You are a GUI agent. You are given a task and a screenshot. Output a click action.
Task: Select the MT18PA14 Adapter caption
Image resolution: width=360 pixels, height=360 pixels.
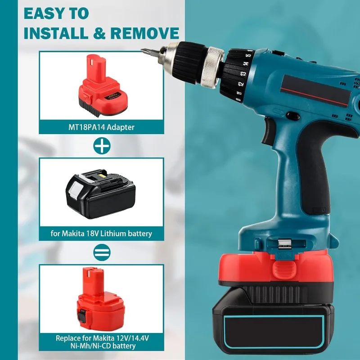click(101, 127)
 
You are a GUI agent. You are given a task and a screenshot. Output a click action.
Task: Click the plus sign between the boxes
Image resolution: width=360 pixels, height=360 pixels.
click(101, 146)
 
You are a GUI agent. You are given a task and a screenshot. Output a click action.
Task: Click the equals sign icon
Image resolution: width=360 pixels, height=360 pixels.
click(101, 252)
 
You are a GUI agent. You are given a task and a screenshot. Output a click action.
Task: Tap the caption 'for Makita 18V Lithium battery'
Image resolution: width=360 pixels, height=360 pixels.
click(101, 234)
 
